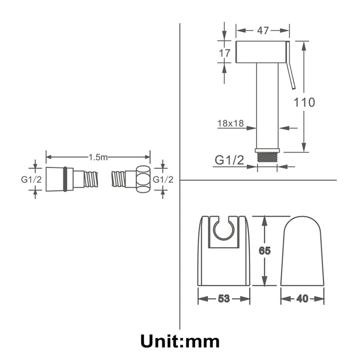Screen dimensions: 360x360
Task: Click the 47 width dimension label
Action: point(263,31)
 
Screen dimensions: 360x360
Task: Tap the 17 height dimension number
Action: point(224,53)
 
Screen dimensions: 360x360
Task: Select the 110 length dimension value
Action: point(304,103)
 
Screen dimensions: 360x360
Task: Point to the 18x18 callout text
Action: point(230,123)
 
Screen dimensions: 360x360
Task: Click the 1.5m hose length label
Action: point(98,157)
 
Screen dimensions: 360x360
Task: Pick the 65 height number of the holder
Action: point(265,251)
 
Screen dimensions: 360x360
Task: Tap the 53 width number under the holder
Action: point(224,298)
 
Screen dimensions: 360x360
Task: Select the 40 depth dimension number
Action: point(302,298)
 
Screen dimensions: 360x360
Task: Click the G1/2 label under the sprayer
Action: point(229,160)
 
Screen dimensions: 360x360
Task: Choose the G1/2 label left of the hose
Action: point(31,180)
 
